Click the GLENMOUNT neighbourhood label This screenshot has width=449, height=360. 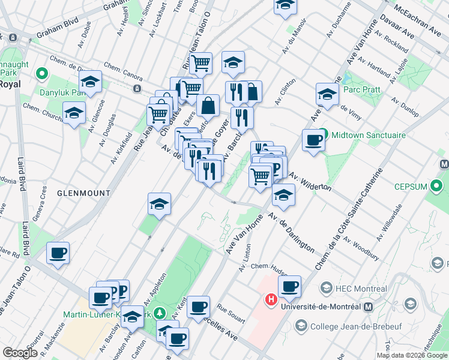[x=84, y=193]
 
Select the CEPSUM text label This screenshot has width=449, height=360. [x=409, y=187]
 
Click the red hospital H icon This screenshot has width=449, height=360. [x=271, y=298]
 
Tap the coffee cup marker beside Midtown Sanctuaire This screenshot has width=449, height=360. [x=313, y=140]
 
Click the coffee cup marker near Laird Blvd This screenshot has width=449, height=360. [x=58, y=253]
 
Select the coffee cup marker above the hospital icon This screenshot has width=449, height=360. [x=289, y=287]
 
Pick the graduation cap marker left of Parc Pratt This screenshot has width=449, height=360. [x=328, y=94]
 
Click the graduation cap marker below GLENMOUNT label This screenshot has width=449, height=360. [x=159, y=204]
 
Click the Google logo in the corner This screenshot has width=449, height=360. [x=20, y=353]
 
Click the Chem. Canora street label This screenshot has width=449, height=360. [x=123, y=71]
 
